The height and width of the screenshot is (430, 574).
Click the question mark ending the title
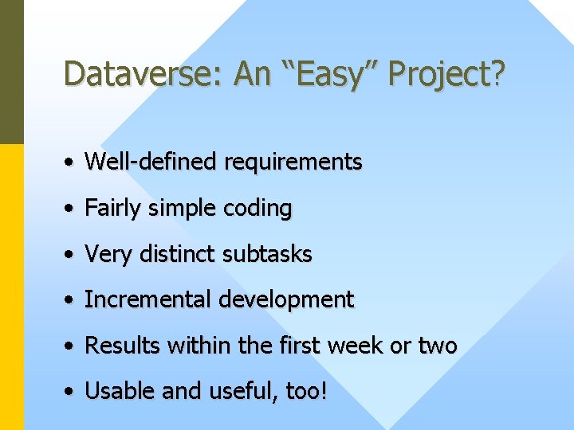(x=499, y=74)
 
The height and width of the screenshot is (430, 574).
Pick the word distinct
(x=179, y=254)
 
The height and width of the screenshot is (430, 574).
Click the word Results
(x=117, y=346)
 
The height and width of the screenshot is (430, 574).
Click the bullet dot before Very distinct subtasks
(x=71, y=255)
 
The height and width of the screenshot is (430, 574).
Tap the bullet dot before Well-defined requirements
(x=71, y=162)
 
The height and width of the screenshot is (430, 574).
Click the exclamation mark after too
(x=323, y=391)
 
